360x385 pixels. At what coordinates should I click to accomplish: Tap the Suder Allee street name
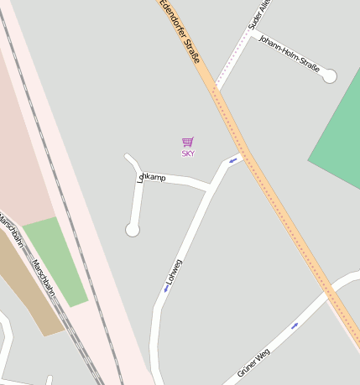261,16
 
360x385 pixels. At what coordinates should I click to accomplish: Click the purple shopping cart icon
188,143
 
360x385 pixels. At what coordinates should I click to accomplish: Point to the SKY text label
188,153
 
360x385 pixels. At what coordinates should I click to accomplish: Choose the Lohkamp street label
152,178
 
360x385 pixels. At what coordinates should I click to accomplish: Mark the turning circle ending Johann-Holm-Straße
329,76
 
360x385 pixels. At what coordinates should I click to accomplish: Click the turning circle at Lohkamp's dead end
132,229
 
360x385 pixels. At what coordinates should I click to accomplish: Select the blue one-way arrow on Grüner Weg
295,325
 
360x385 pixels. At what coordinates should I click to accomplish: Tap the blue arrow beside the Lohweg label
166,289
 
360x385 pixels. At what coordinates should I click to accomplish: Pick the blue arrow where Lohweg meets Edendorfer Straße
232,159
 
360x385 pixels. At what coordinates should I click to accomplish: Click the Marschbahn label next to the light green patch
43,277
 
